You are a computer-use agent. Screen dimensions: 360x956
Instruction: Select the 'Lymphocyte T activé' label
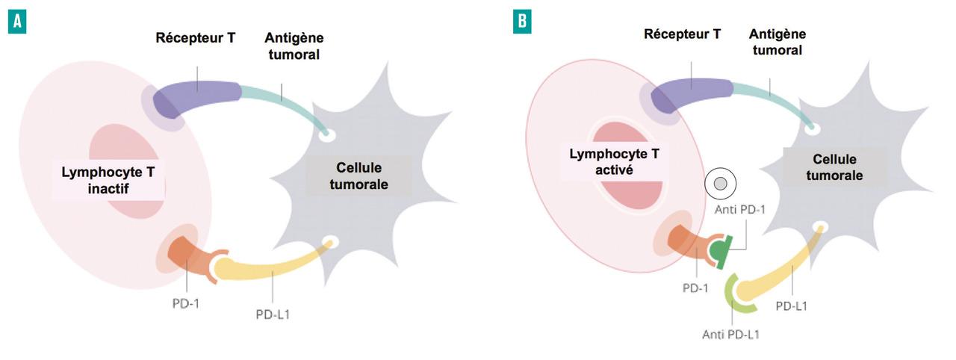click(609, 160)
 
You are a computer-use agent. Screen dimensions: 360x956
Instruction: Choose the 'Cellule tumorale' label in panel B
click(828, 167)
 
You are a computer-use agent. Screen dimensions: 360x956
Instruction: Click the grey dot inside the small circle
click(720, 183)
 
